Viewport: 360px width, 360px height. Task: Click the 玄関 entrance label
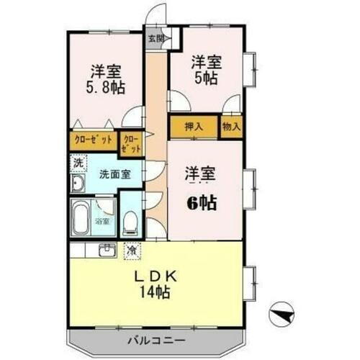[156, 38]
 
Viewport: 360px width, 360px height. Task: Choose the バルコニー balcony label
[156, 339]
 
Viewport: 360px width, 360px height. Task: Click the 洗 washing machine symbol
[78, 163]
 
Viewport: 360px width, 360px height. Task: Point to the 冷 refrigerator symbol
[132, 251]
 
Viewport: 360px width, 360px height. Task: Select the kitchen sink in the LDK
[107, 251]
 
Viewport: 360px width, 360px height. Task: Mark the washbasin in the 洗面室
[78, 185]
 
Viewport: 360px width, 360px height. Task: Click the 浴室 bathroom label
[102, 222]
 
